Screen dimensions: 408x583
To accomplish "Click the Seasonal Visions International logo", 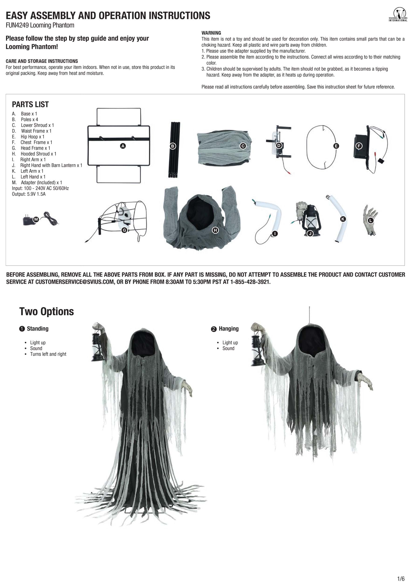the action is (x=398, y=14).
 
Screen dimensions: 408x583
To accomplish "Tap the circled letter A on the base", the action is (x=123, y=146).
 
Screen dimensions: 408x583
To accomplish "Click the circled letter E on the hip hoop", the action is (x=336, y=146).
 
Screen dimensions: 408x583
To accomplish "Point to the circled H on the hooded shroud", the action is (x=215, y=230).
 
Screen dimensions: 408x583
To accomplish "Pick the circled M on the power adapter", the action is (x=36, y=219).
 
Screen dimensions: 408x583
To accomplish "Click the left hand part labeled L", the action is (x=370, y=220).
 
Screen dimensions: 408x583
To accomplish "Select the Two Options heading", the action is (x=46, y=312).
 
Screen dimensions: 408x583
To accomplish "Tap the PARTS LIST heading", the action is (x=30, y=104).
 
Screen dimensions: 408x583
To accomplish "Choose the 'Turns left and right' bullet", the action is (x=48, y=354).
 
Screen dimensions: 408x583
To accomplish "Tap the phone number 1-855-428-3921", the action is (x=250, y=282).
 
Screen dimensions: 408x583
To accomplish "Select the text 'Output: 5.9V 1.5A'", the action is (x=29, y=194).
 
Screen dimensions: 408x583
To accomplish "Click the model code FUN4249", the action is (x=17, y=25).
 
